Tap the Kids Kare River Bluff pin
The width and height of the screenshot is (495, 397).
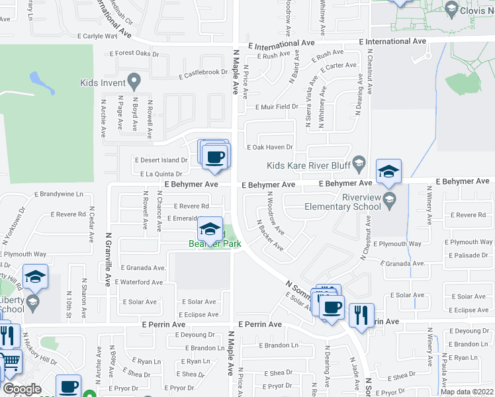[x=359, y=162]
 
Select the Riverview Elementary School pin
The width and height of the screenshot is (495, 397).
[x=390, y=200]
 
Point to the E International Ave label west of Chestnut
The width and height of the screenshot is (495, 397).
[x=281, y=45]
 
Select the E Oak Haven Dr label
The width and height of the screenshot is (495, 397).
[x=269, y=148]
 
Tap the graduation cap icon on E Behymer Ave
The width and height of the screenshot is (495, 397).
[x=388, y=172]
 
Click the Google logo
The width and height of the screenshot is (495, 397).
[x=22, y=389]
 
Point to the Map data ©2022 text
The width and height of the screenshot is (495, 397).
[x=467, y=392]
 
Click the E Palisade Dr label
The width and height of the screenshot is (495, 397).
[x=470, y=255]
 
